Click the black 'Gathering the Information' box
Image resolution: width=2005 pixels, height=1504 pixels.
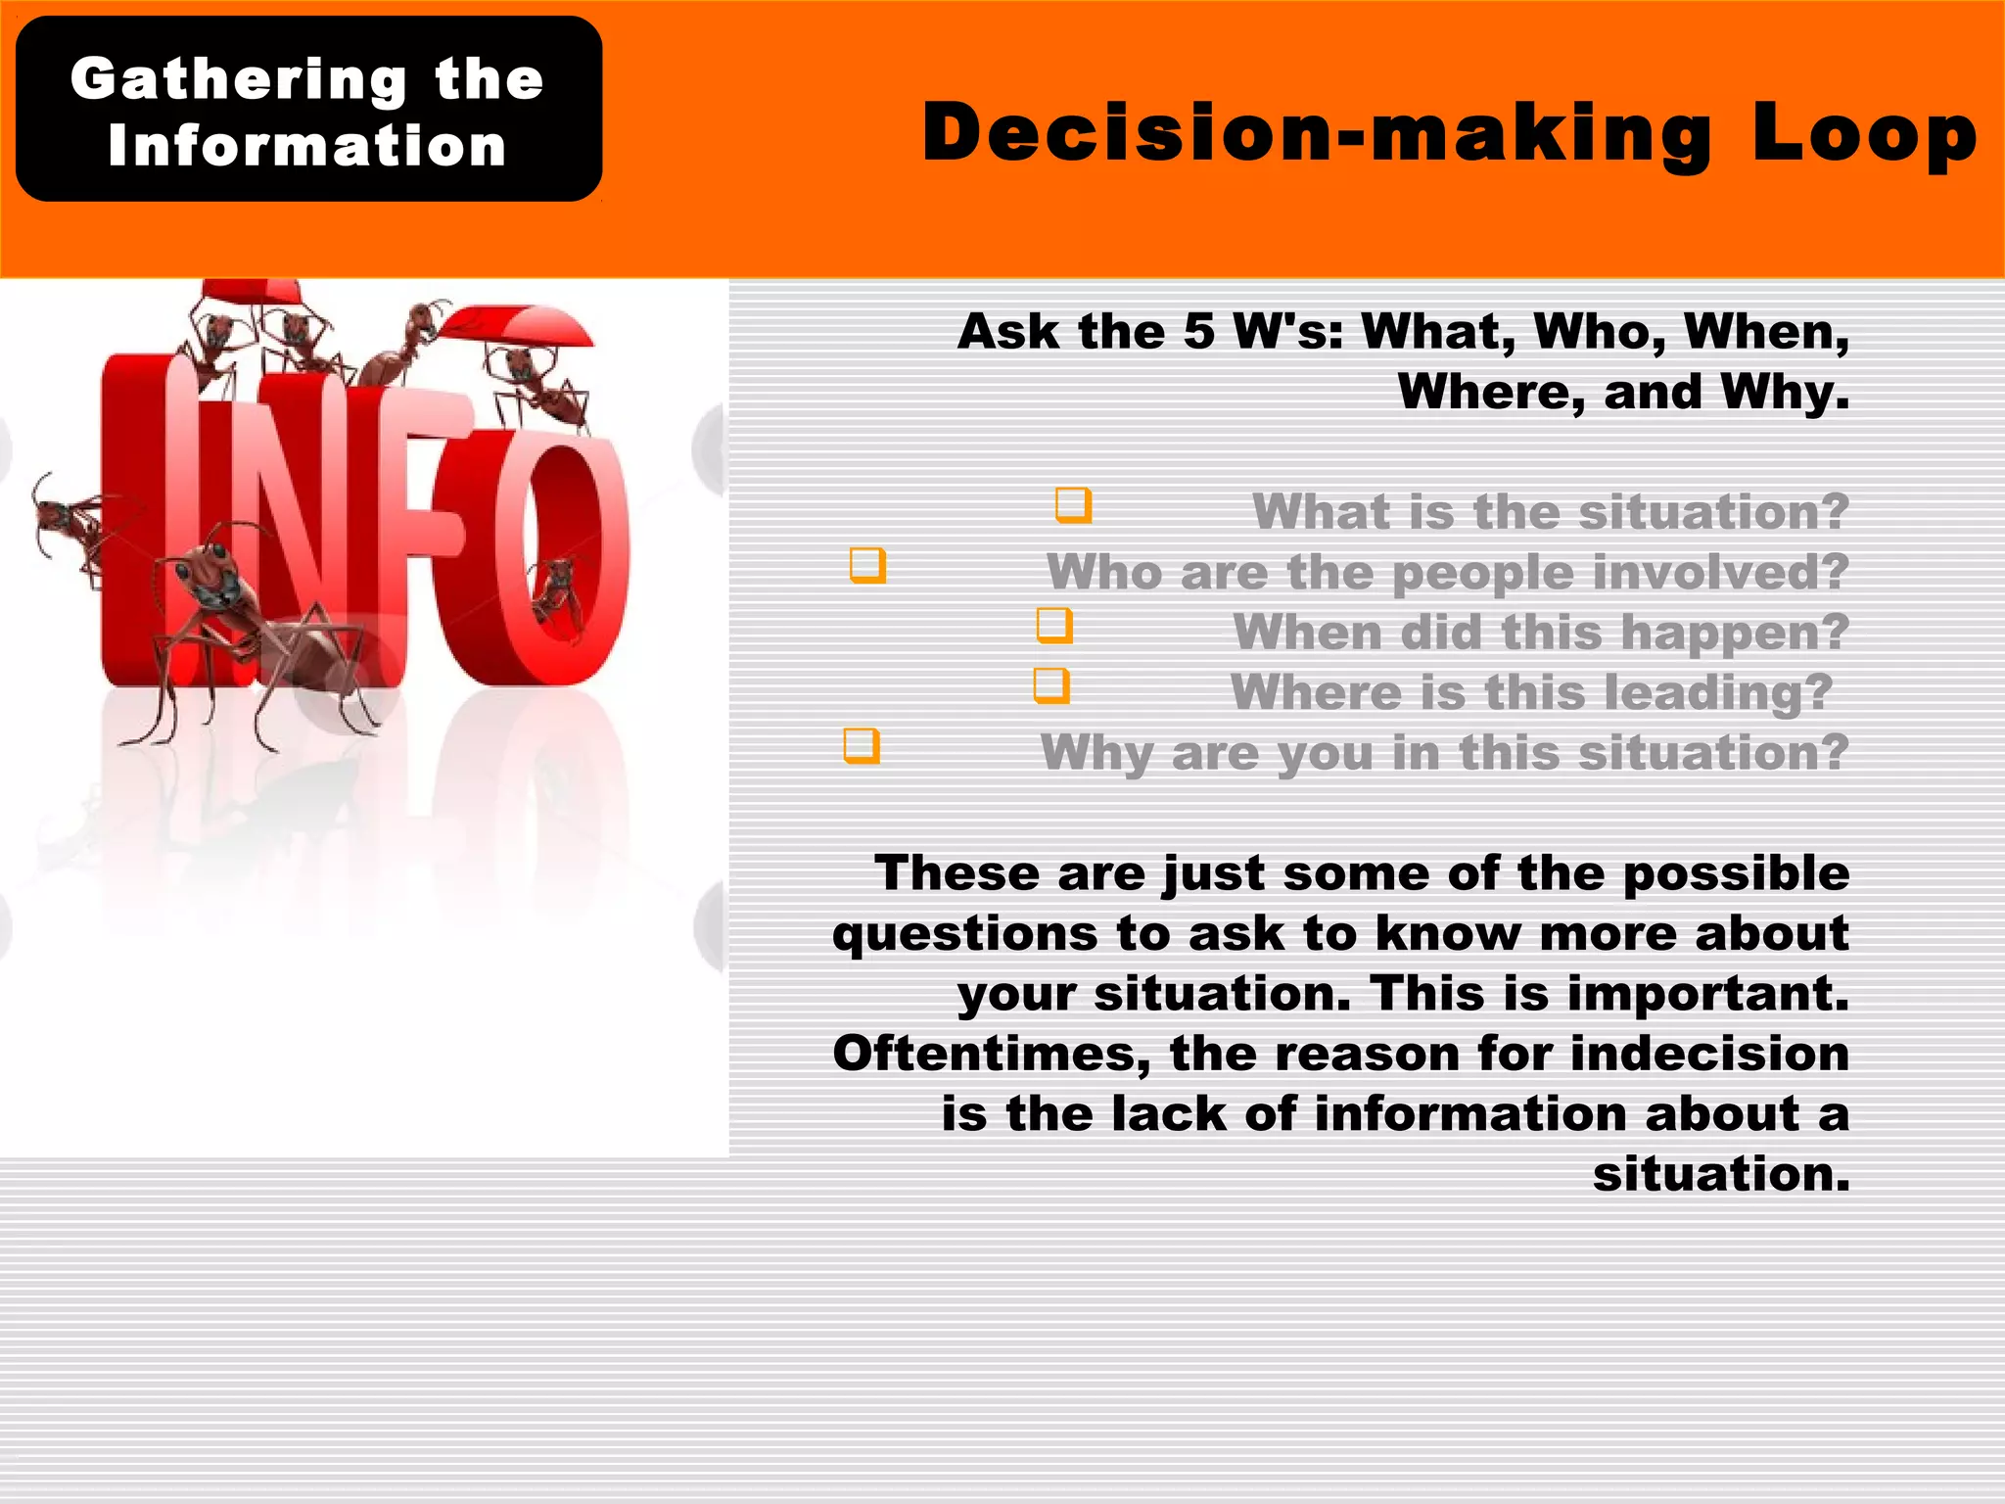pos(308,110)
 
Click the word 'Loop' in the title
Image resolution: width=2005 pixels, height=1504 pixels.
pos(1864,134)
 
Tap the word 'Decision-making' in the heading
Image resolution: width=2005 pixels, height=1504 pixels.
pos(1317,134)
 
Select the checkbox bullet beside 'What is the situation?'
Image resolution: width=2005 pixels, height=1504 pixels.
pos(1073,505)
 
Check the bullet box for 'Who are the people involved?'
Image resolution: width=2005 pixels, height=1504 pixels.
pos(867,565)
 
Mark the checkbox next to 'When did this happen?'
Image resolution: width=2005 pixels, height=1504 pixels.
pos(1054,626)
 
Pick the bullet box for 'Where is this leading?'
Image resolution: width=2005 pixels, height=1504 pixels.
pos(1051,685)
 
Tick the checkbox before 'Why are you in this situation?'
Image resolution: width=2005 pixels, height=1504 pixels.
pos(862,746)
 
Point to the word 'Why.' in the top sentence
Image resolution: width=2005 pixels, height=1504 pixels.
pos(1785,393)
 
